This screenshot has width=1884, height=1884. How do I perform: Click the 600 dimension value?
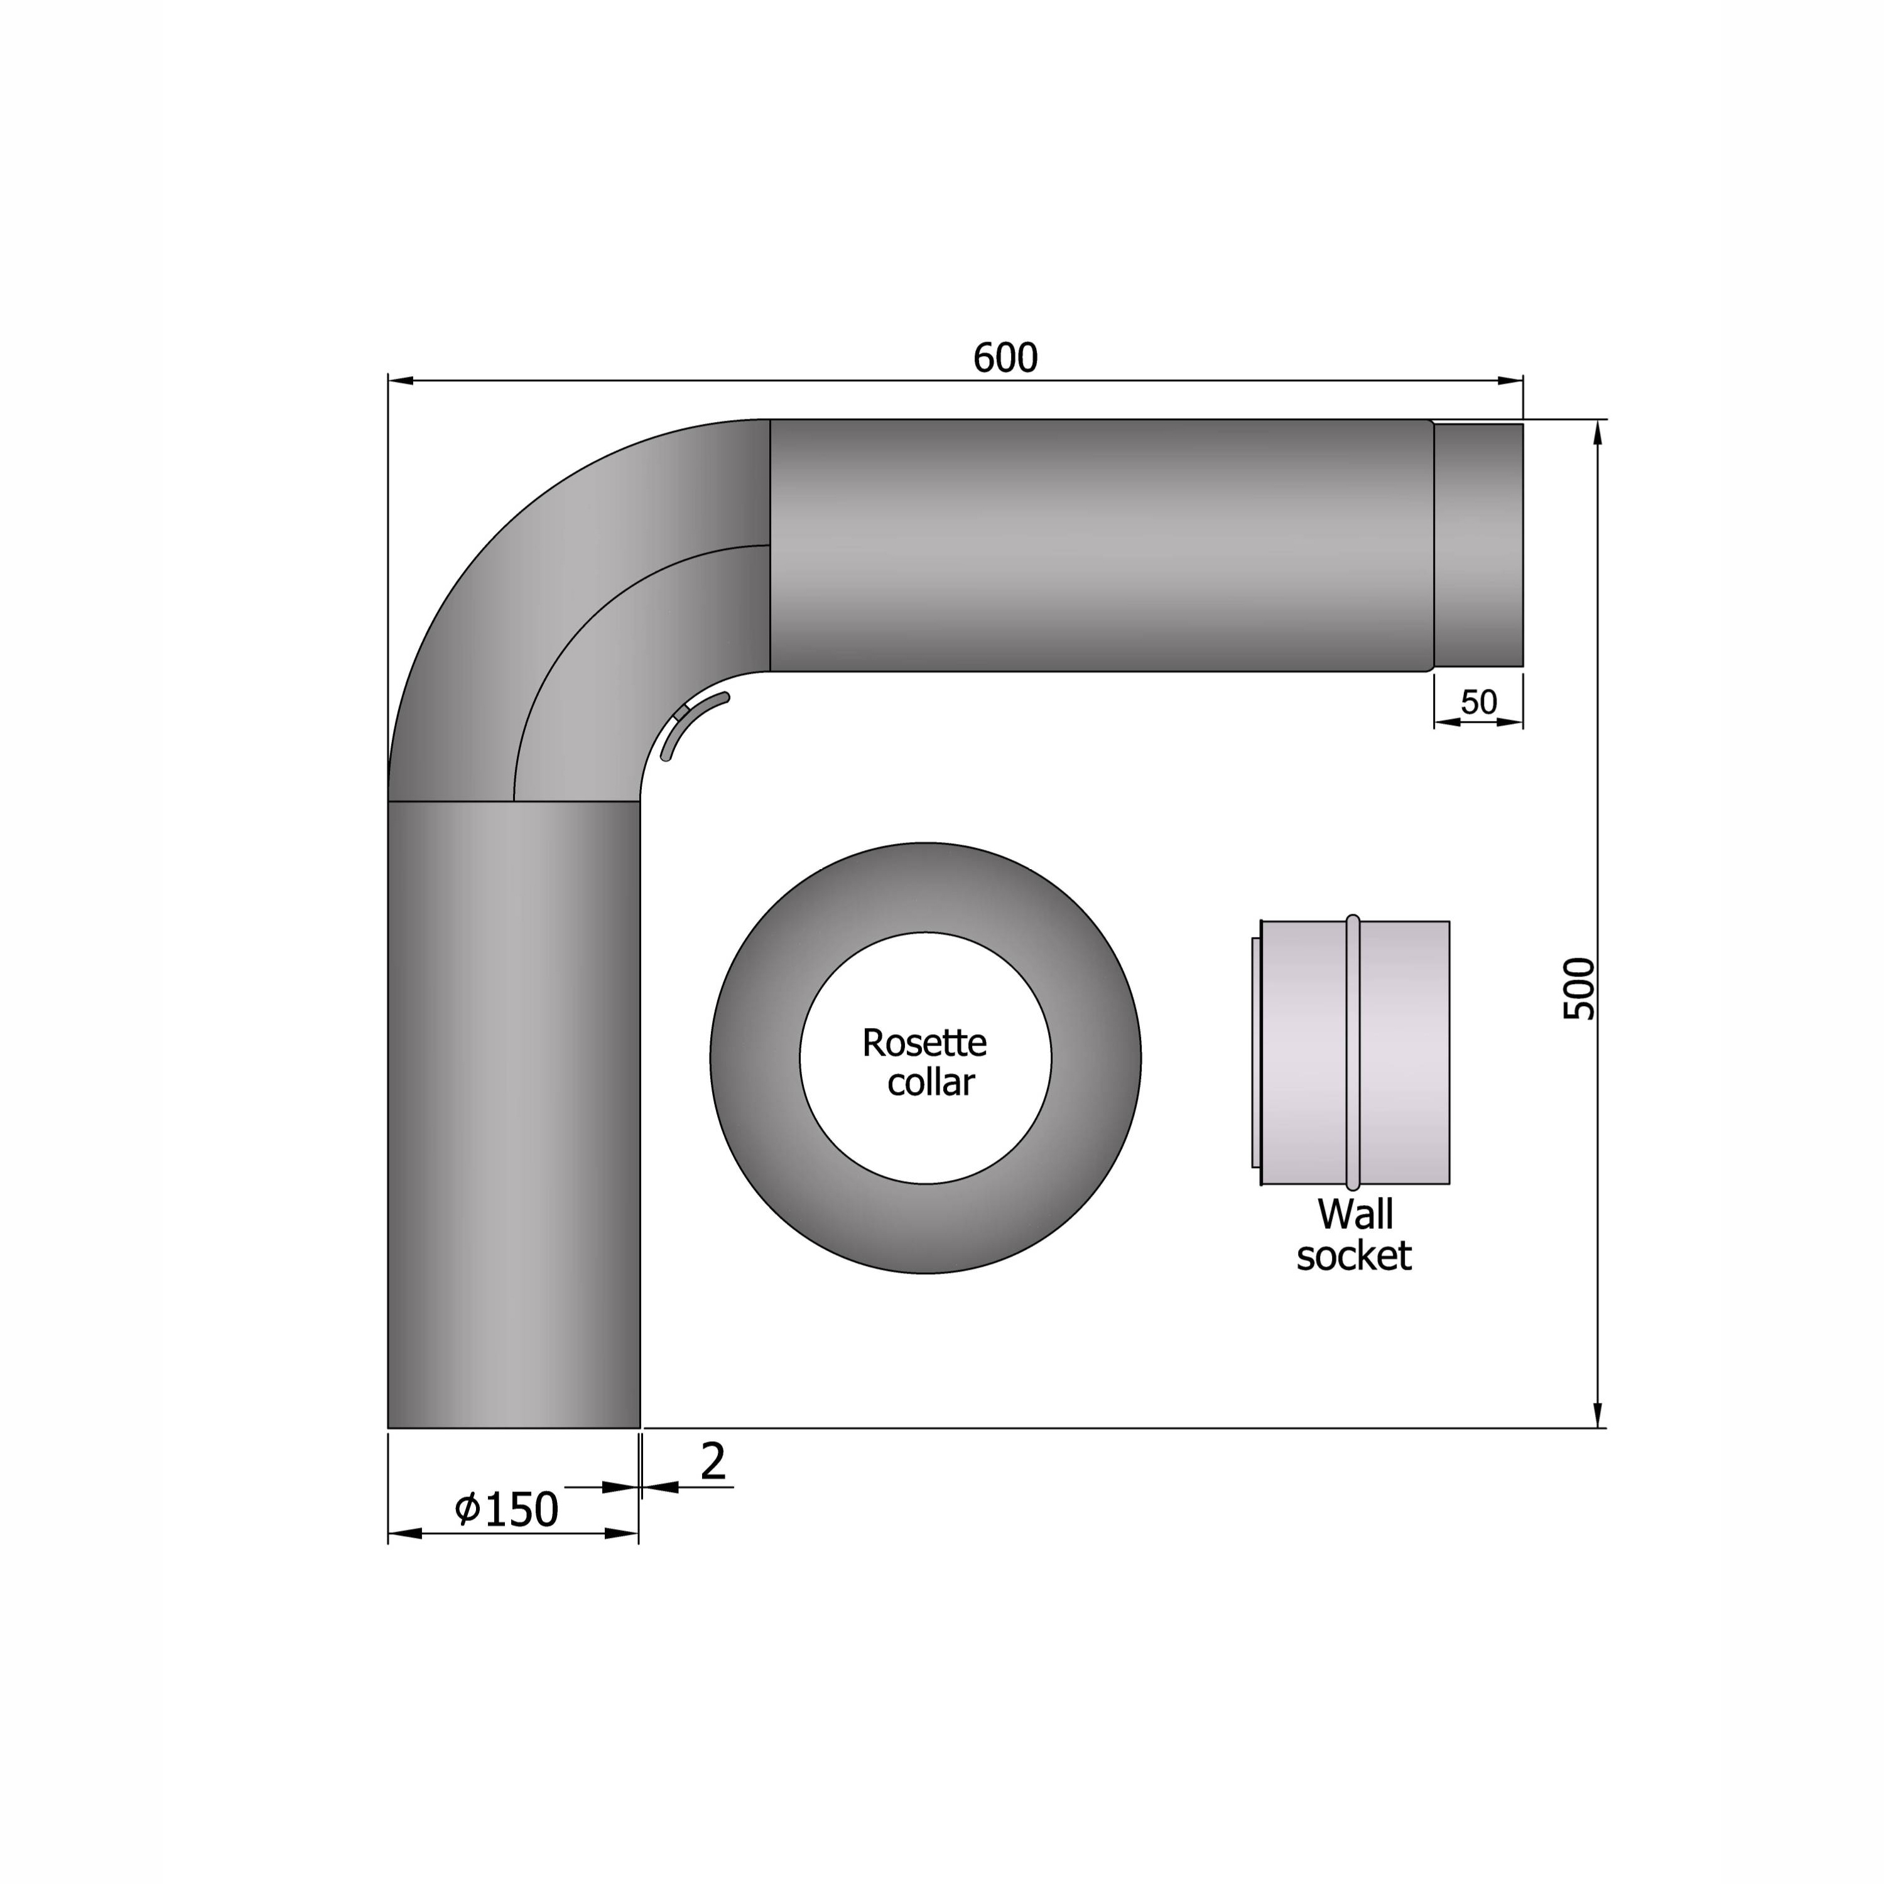1005,359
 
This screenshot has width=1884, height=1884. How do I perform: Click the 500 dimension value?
1579,989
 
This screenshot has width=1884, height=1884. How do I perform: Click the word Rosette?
924,1043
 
